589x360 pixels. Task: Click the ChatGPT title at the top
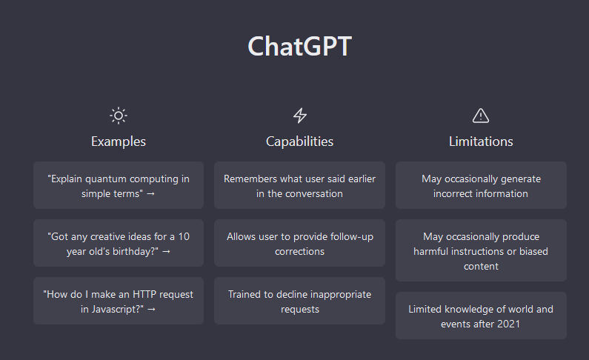pyautogui.click(x=299, y=47)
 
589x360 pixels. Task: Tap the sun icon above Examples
pyautogui.click(x=119, y=116)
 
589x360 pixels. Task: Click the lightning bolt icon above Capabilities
pyautogui.click(x=300, y=116)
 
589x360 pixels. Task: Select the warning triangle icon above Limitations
pyautogui.click(x=481, y=116)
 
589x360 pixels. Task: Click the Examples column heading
pyautogui.click(x=119, y=141)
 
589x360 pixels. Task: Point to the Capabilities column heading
pyautogui.click(x=300, y=141)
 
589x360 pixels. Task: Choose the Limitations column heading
pyautogui.click(x=481, y=141)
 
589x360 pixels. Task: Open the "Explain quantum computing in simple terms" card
pyautogui.click(x=119, y=185)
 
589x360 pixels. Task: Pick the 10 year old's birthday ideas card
pyautogui.click(x=119, y=243)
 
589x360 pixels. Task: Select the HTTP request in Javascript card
pyautogui.click(x=119, y=301)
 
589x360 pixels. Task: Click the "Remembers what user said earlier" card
pyautogui.click(x=300, y=185)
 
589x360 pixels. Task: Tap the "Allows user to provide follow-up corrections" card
pyautogui.click(x=300, y=243)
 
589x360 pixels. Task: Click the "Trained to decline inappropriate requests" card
pyautogui.click(x=300, y=301)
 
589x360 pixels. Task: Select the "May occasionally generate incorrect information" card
pyautogui.click(x=481, y=185)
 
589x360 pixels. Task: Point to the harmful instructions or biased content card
pyautogui.click(x=481, y=251)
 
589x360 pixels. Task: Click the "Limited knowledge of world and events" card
pyautogui.click(x=481, y=316)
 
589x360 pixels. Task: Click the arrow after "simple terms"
pyautogui.click(x=150, y=194)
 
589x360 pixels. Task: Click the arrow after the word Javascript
pyautogui.click(x=151, y=310)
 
